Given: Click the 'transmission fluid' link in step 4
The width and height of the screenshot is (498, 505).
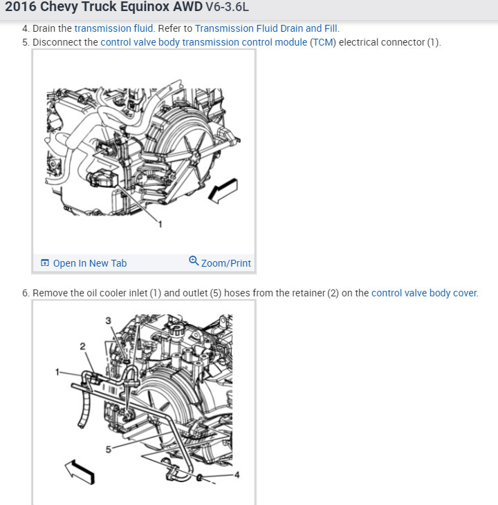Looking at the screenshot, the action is [x=113, y=28].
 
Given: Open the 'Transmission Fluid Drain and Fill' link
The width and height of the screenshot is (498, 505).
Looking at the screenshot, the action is [x=266, y=28].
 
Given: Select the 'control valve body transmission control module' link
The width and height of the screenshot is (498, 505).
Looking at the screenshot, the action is [x=204, y=42].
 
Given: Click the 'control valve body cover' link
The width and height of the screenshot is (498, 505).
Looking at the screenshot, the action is [x=424, y=293].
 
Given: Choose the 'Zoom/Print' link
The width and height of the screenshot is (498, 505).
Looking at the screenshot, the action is [x=225, y=263].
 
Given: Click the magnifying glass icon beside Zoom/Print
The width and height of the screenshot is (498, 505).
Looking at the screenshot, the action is [x=194, y=260].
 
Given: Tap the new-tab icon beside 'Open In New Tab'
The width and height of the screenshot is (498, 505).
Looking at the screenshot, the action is [x=45, y=263].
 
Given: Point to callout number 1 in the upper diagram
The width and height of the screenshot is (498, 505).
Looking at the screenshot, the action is [x=160, y=224].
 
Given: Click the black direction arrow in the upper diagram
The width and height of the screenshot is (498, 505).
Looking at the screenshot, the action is [x=223, y=191].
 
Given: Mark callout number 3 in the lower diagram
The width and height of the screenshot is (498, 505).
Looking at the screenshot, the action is [x=108, y=321].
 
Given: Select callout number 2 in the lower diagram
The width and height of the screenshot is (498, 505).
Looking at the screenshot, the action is [x=82, y=346].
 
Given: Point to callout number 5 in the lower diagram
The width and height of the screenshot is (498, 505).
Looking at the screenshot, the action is [x=109, y=449].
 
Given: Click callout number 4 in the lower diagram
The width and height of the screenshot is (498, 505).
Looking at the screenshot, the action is [x=237, y=475].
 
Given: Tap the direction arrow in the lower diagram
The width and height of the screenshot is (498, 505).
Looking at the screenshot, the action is [x=80, y=472].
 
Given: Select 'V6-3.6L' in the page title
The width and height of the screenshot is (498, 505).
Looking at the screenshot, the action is [x=228, y=7].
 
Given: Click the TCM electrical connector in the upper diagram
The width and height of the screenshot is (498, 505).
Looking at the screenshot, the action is [x=102, y=179].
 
